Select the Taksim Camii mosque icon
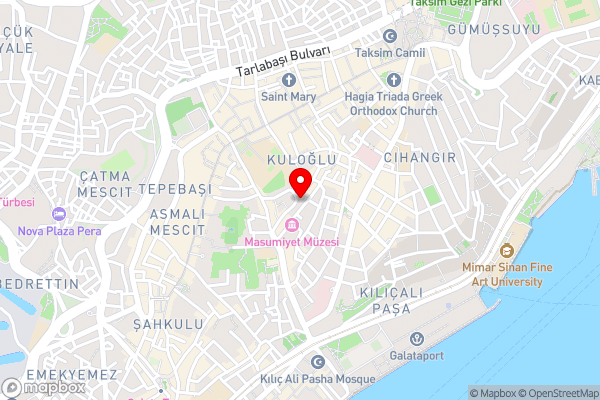tap(390, 35)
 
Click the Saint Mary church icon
tap(289, 79)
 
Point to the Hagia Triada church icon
tap(393, 79)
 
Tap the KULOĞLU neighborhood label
tap(299, 160)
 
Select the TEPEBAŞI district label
tap(175, 190)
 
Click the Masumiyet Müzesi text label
tap(292, 242)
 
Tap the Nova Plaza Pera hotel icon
tap(58, 213)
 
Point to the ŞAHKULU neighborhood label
tap(168, 324)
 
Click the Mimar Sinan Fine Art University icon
tap(505, 249)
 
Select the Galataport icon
tap(416, 338)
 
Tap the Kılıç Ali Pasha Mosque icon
tap(318, 361)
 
